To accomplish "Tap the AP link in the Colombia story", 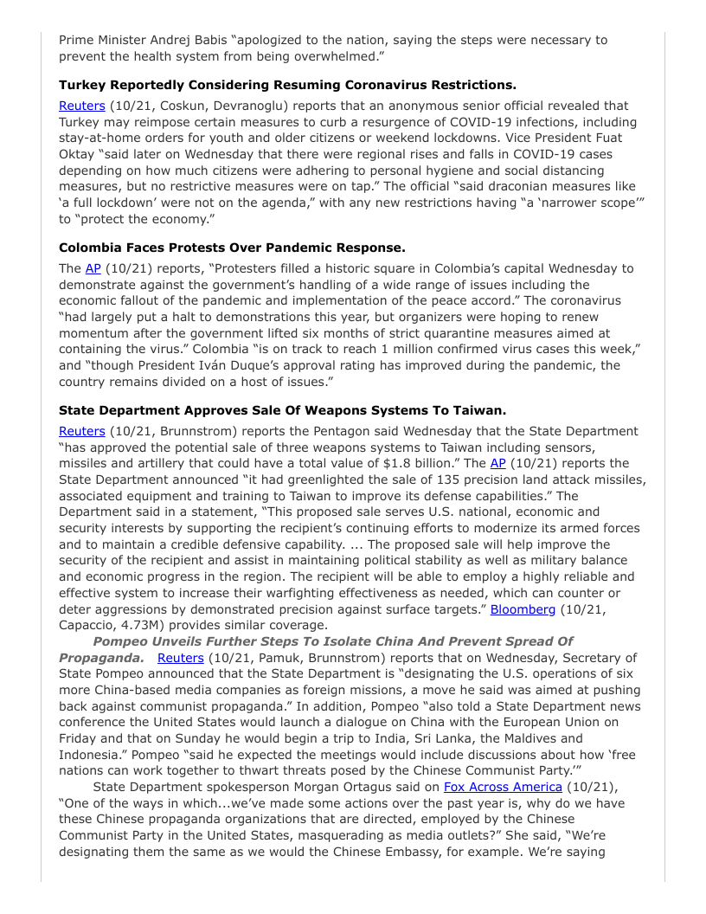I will point(93,268).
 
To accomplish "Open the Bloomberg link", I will point(523,609).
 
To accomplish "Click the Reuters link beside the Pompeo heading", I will point(180,658).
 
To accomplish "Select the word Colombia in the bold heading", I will point(94,248).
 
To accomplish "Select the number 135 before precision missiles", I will point(401,480).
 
